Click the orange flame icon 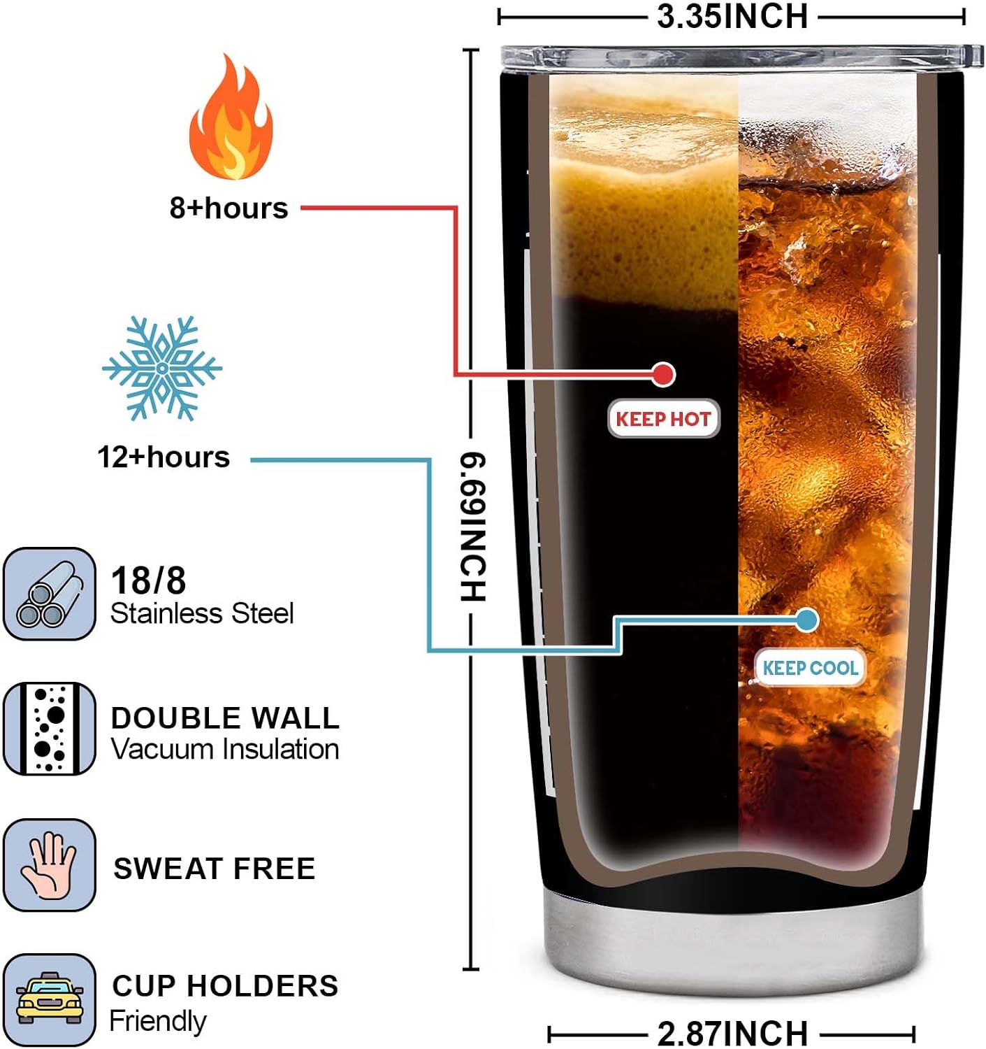click(x=230, y=119)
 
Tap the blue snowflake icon click(x=162, y=368)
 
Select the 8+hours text click(x=229, y=208)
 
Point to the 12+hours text click(x=164, y=457)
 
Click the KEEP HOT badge click(x=663, y=419)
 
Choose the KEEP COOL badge click(x=810, y=668)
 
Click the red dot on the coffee click(x=663, y=374)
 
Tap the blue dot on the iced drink click(x=807, y=620)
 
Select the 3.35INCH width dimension click(x=732, y=17)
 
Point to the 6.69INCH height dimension click(x=473, y=527)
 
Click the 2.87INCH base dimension click(x=732, y=1033)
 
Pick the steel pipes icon click(x=49, y=594)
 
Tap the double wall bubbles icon click(x=49, y=729)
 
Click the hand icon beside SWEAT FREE click(x=49, y=865)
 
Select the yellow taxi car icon click(x=49, y=999)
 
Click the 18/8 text click(x=149, y=580)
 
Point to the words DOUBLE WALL click(x=225, y=718)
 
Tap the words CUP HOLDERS click(x=225, y=986)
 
